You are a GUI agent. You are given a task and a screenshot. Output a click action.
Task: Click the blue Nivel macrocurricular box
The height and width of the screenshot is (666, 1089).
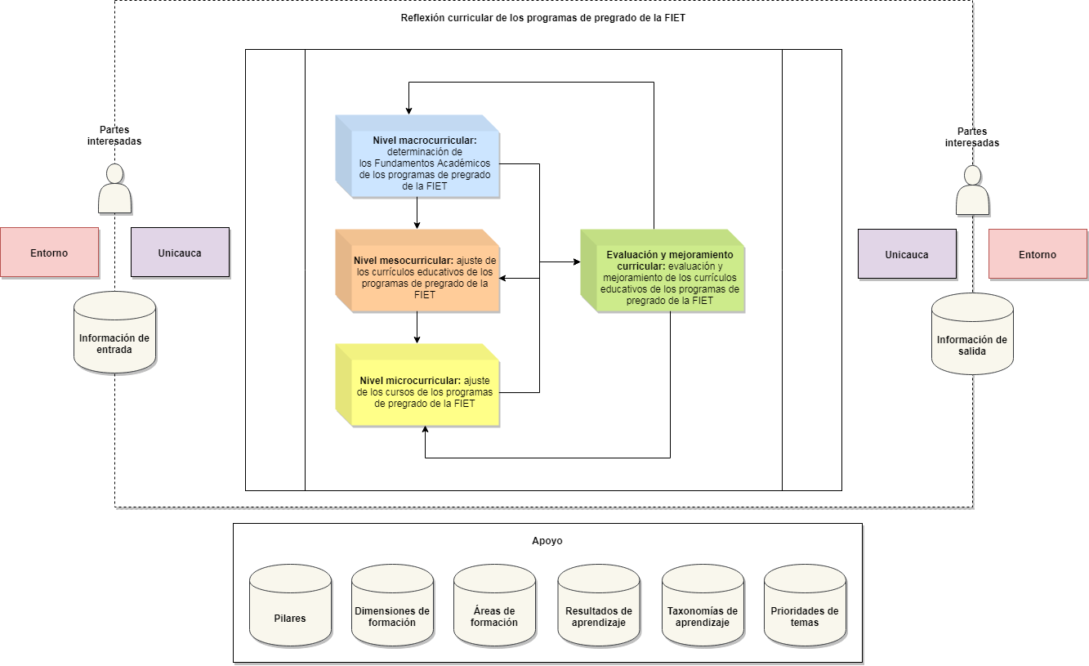coord(417,156)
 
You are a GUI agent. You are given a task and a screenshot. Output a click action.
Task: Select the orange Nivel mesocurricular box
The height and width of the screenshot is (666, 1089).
coord(417,270)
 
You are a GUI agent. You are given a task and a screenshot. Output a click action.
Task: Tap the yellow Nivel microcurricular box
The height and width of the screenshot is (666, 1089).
coord(417,385)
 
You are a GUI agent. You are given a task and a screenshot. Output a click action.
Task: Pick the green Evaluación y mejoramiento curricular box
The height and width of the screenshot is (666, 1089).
coord(663,270)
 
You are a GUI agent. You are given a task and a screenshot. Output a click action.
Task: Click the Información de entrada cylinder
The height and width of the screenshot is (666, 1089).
coord(114,333)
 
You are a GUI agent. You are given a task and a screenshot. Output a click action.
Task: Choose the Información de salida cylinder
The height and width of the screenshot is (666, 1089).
coord(972,334)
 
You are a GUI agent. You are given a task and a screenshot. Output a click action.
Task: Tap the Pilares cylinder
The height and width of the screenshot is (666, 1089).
coord(290,606)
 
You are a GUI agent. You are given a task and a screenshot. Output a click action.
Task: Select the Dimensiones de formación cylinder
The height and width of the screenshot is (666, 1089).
coord(392,606)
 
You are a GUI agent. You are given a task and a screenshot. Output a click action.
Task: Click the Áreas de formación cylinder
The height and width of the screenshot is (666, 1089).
coord(494,606)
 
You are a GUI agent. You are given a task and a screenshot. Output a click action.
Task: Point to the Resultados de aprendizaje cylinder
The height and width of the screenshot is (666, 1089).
coord(599,606)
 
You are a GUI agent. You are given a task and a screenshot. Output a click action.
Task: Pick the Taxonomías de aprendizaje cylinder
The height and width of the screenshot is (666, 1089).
coord(703,606)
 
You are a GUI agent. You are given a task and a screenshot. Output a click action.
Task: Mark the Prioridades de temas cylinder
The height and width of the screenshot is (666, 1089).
coord(805,606)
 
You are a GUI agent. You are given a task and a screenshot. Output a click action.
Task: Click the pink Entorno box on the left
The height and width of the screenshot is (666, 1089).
coord(50,253)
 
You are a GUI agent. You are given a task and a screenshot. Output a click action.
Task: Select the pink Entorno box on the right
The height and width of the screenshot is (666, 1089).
coord(1038,254)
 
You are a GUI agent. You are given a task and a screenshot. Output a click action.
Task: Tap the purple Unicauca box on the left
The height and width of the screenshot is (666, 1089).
coord(180,253)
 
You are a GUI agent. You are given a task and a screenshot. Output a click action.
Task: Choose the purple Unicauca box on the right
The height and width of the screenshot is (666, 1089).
coord(907,254)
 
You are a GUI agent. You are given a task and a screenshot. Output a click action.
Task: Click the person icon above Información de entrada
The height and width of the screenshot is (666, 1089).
coord(114,189)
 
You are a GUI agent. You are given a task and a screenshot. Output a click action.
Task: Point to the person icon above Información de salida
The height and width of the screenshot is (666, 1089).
coord(972,190)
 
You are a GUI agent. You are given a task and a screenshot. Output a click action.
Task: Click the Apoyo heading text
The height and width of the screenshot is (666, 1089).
coord(547,541)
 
